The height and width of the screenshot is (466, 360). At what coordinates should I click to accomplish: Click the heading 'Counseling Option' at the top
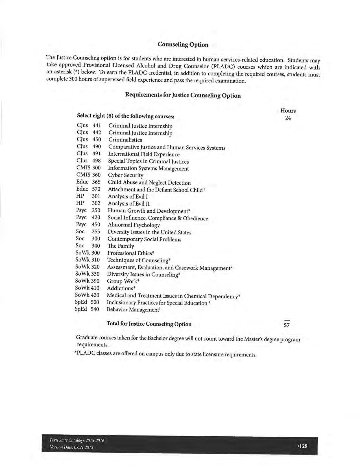pos(183,45)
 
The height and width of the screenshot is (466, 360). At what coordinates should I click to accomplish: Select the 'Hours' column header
pos(288,111)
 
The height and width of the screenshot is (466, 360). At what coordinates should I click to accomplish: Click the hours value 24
pos(288,118)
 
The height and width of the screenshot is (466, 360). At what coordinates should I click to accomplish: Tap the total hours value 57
pos(287,325)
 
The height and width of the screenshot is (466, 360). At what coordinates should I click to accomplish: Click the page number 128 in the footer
pos(303,446)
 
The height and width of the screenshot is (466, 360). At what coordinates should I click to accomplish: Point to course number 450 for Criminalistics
pos(97,140)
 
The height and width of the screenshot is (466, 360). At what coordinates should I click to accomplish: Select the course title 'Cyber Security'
pos(126,175)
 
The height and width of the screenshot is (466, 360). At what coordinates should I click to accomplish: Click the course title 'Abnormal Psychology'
pos(134,225)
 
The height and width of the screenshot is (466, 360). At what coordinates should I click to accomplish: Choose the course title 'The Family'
pos(121,246)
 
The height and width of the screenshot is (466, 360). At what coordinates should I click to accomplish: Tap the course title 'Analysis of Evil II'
pos(129,204)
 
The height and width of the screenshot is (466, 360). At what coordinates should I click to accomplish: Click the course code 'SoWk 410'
pos(87,288)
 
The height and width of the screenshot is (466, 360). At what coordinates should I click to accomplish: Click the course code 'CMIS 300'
pos(88,168)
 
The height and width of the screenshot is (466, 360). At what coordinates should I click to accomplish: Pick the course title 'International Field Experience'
pos(144,154)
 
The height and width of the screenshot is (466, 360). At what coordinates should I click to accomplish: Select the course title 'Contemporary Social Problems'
pos(144,239)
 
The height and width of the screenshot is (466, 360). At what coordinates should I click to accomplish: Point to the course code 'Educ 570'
pos(88,189)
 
